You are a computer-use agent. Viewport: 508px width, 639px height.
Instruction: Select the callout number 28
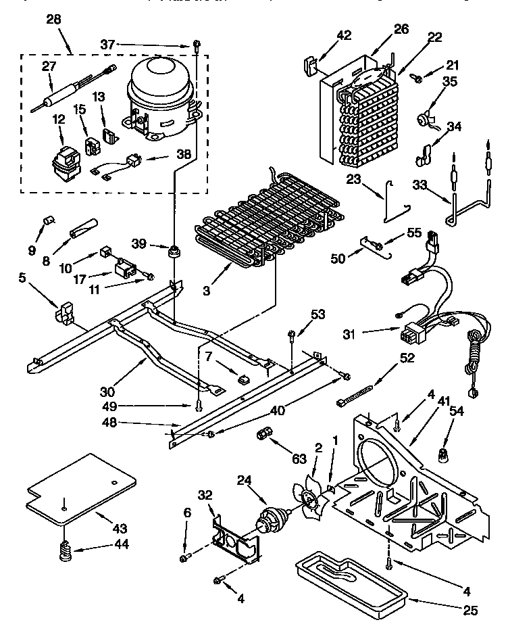click(53, 20)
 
